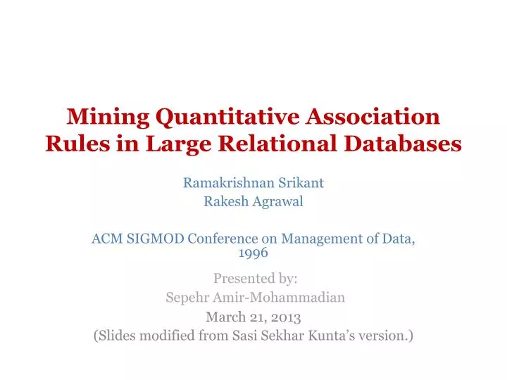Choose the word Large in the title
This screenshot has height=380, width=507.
click(x=178, y=143)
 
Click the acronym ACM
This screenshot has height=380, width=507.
click(x=106, y=239)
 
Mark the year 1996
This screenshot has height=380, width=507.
click(x=254, y=252)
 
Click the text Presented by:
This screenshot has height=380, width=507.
click(x=254, y=278)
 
